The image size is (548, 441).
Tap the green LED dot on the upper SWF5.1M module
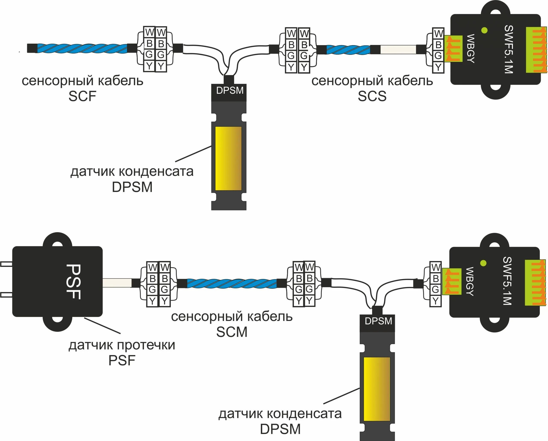tap(484, 30)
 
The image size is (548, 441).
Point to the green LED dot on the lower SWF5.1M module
tap(483, 263)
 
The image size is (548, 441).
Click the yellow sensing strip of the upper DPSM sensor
tap(228, 159)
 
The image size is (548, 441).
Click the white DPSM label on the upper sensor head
tap(230, 91)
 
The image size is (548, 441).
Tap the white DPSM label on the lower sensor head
tap(378, 321)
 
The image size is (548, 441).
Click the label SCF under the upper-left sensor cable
tap(82, 96)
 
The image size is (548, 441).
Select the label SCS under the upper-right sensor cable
tap(372, 96)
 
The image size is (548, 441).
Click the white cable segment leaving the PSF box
tap(117, 283)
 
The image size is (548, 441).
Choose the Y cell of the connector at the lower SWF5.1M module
tap(435, 301)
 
